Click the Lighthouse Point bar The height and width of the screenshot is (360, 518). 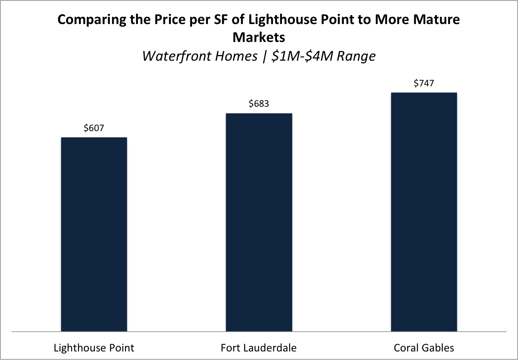94,234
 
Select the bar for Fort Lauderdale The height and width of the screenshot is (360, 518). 259,222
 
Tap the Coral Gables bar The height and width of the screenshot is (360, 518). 424,212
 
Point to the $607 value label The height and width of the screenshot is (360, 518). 94,128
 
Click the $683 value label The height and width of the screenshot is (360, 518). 259,103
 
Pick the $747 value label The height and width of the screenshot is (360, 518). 424,83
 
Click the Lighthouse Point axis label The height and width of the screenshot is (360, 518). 94,348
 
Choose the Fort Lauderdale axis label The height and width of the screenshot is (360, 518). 259,348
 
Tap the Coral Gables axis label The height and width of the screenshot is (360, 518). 424,348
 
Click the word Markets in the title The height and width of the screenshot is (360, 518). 258,37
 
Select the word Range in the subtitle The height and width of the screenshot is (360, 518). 357,56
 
